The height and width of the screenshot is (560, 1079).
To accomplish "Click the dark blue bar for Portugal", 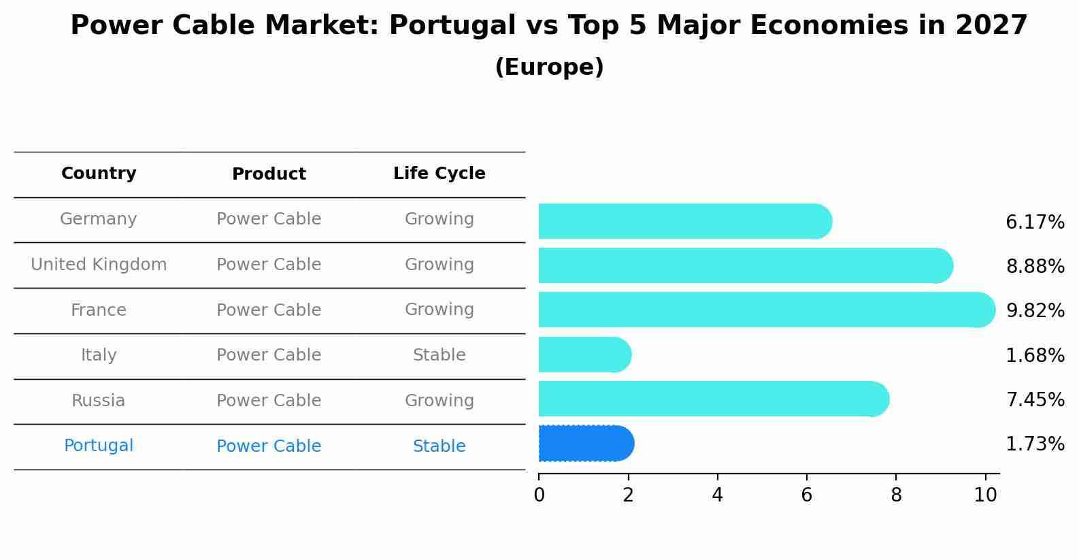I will [586, 444].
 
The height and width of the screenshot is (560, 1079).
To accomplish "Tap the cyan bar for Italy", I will [584, 355].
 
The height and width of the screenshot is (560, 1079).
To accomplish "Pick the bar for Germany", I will [684, 222].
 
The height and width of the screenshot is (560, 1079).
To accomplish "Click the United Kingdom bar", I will [745, 266].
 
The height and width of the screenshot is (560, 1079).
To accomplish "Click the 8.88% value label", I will [1035, 267].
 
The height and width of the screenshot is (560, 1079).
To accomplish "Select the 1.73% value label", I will [1035, 444].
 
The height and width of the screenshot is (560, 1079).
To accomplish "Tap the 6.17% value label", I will [1035, 223].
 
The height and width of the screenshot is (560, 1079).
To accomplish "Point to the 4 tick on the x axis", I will [717, 495].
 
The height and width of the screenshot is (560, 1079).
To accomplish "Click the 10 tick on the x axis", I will [985, 495].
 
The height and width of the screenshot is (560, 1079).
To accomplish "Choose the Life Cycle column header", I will [439, 174].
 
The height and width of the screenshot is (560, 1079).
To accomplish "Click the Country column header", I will [99, 174].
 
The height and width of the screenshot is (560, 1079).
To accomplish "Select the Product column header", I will [269, 175].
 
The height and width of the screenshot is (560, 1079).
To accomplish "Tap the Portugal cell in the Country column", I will [99, 446].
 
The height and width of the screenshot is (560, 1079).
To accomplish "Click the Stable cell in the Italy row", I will [439, 355].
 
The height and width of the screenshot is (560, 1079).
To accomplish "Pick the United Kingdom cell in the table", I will [99, 265].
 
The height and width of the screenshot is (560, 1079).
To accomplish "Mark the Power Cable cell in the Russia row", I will [269, 401].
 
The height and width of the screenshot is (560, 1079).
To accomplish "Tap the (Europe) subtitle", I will [549, 67].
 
